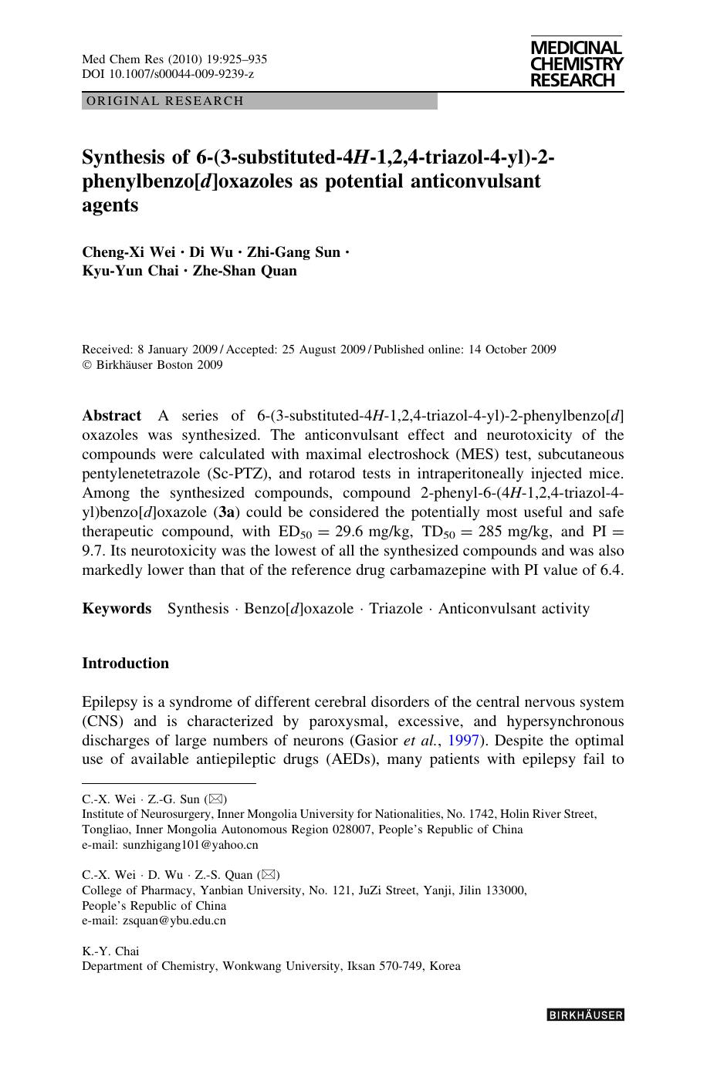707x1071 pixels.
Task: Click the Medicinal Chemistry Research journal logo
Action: (577, 65)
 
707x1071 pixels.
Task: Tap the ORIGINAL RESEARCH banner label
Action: (165, 101)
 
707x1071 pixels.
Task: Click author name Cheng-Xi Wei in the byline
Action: (129, 252)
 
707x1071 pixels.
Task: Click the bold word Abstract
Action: (111, 416)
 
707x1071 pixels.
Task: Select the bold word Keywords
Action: (117, 609)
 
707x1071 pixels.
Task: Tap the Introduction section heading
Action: (125, 664)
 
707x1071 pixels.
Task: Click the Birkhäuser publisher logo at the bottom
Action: (585, 1015)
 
